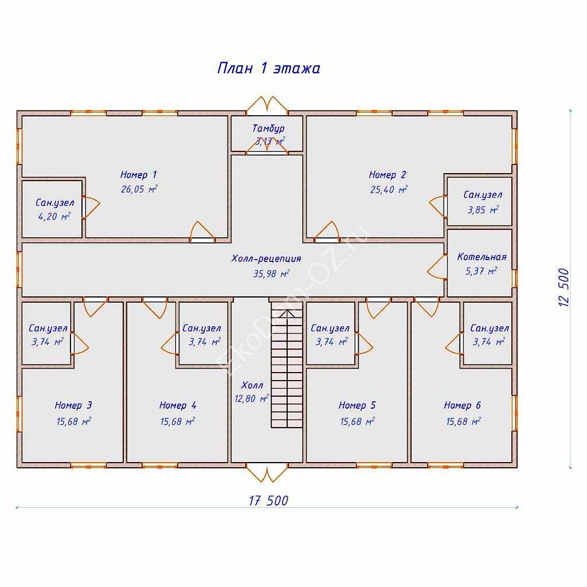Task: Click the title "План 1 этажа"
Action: point(268,68)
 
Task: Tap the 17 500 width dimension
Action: point(268,500)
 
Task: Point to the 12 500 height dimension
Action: point(563,288)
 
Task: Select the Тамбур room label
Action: point(268,128)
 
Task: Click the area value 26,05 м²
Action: point(139,189)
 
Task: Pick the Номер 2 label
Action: point(388,175)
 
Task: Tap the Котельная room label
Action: point(482,257)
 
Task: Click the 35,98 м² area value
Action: point(271,273)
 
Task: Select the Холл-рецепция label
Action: point(266,259)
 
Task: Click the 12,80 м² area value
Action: point(251,399)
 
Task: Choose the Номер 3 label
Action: point(73,405)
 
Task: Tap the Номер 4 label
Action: point(178,405)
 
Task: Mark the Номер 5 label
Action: point(357,405)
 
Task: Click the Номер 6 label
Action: point(463,405)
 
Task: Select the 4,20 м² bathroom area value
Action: point(54,216)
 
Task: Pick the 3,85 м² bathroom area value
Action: point(483,210)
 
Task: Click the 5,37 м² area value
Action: point(481,271)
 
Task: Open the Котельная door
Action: point(437,267)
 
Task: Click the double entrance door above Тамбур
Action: point(267,105)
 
